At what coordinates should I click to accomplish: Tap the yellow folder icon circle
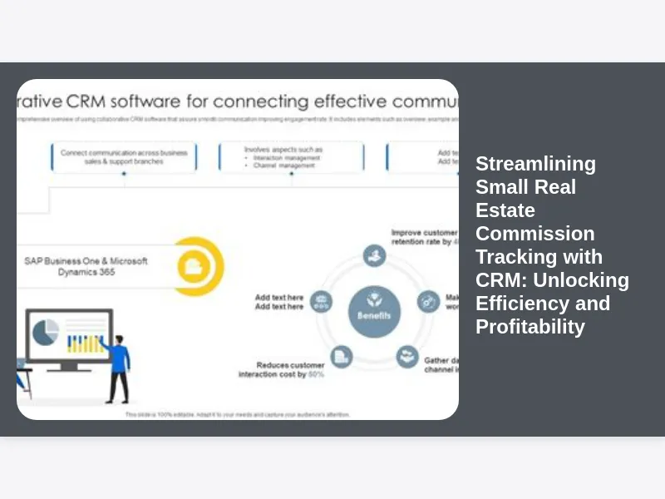point(196,265)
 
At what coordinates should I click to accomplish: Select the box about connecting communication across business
point(124,156)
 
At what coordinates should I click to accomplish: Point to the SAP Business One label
point(86,265)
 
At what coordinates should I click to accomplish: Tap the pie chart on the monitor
point(45,332)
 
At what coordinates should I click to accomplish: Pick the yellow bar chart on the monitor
point(86,342)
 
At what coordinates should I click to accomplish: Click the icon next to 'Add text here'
point(321,302)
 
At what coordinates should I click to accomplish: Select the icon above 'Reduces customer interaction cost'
point(341,357)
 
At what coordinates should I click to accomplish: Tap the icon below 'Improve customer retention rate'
point(375,255)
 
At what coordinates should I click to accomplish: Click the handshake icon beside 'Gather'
point(407,357)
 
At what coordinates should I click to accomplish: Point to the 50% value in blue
point(317,375)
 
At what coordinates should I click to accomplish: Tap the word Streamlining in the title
point(535,164)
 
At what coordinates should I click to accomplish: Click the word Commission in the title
point(534,234)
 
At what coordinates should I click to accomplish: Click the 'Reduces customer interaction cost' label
point(282,369)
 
